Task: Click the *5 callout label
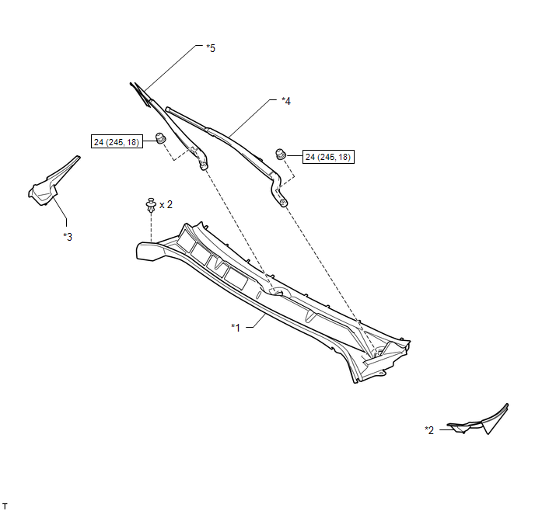click(211, 48)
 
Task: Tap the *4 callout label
click(286, 101)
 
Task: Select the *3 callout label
click(68, 237)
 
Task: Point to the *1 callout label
click(236, 328)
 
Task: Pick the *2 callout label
click(429, 430)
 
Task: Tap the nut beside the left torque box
click(160, 138)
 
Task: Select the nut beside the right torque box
click(281, 154)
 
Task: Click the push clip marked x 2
click(151, 204)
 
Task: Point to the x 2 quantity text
click(166, 204)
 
